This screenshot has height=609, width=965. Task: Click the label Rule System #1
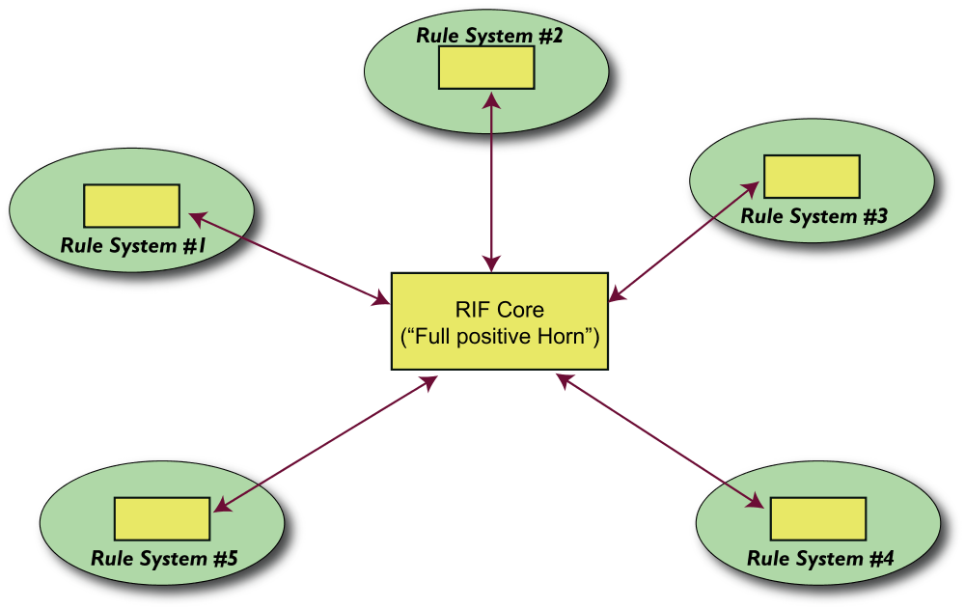(134, 245)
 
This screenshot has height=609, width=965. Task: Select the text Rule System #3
(813, 216)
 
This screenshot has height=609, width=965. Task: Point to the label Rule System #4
(820, 558)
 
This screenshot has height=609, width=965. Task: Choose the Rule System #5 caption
(163, 558)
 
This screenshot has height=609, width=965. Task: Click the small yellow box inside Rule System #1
(131, 206)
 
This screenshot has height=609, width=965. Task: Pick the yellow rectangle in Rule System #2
(486, 68)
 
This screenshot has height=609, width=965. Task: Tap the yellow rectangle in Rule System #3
(812, 177)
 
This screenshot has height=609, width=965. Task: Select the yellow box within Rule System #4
(817, 519)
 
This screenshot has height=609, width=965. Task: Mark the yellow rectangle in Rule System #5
(162, 519)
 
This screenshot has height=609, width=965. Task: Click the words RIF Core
(499, 310)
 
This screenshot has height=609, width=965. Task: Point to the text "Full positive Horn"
(500, 338)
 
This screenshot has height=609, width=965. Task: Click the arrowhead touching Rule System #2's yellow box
(493, 98)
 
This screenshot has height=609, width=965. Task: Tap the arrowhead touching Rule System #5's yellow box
(220, 506)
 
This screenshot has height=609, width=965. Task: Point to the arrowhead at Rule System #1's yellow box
(194, 215)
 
